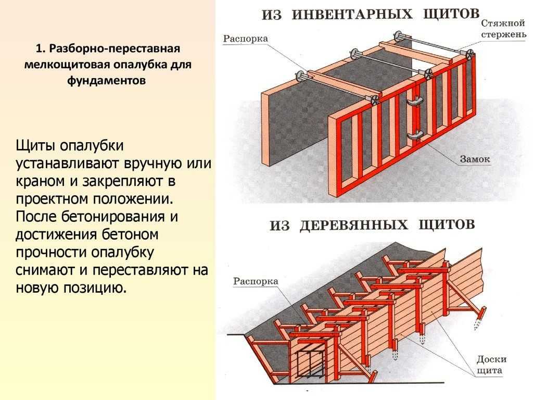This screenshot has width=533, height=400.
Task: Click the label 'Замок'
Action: (475, 159)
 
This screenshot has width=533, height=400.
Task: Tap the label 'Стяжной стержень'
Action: (503, 29)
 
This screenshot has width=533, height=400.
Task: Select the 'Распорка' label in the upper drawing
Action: (246, 39)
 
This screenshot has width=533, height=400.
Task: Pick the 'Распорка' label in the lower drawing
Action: (256, 282)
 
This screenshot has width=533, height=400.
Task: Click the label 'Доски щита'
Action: (491, 364)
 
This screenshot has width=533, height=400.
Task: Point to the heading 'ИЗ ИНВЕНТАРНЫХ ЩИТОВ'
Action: (371, 15)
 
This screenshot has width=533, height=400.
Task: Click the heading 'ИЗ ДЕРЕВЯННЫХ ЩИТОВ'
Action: (372, 225)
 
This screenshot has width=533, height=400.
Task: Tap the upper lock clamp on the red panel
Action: (415, 101)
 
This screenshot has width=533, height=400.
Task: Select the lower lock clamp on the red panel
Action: (415, 135)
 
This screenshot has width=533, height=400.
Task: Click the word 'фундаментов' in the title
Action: (106, 80)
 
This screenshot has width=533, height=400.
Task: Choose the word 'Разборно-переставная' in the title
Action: (115, 48)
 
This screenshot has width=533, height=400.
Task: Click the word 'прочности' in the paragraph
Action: (51, 253)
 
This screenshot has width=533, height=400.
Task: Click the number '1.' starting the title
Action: (40, 48)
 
